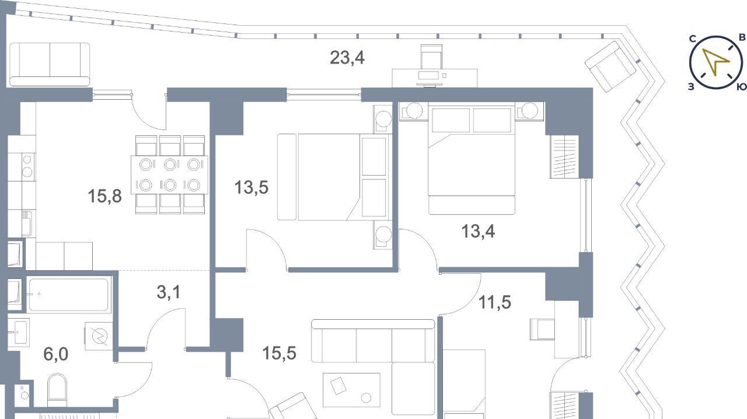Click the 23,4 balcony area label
pos(347,58)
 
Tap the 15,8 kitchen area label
pos(104,196)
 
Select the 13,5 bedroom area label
pos(252,187)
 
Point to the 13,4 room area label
pos(478,231)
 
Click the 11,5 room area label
pos(495,302)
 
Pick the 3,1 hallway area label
pos(169,292)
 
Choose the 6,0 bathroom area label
pos(55,354)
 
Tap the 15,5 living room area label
pos(279,353)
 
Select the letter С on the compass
pos(693,39)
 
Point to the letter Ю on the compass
pos(741,87)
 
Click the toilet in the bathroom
pos(57,390)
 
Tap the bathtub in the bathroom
pos(68,295)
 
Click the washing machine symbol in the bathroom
pos(99,336)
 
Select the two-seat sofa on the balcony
pos(50,64)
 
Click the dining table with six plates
pos(169,175)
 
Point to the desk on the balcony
pos(435,78)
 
